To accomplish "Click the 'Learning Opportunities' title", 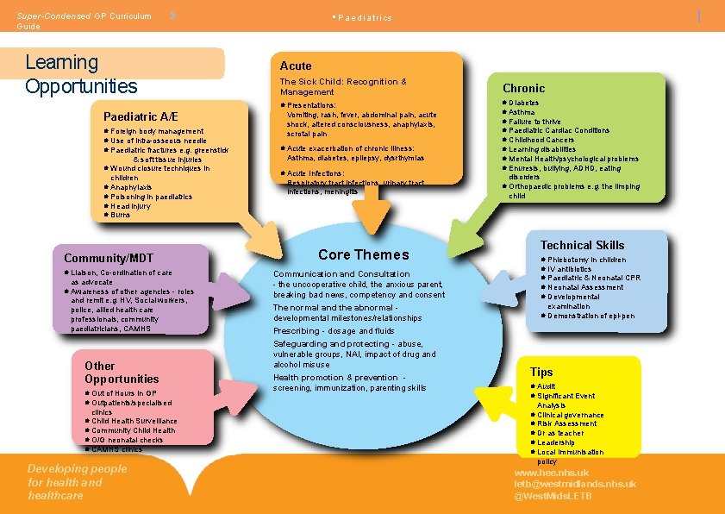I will tap(81, 74).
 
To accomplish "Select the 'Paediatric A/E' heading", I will tap(141, 116).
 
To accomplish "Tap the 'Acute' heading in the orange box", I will tap(296, 66).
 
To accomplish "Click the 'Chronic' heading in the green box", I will tap(523, 88).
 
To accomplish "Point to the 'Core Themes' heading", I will tap(363, 254).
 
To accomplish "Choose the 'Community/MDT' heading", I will tap(108, 258).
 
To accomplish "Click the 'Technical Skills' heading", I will tap(582, 246).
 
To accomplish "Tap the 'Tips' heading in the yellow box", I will tap(541, 373).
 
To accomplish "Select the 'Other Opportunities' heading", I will tap(122, 373).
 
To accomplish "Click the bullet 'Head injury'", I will tap(130, 206).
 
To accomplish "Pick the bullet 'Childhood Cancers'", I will tap(541, 140).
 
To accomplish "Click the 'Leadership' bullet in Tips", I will tap(555, 443).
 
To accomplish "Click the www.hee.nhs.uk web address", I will tap(551, 473).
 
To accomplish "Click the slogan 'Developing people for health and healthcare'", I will tap(77, 482).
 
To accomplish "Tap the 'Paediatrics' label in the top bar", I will tap(364, 18).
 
